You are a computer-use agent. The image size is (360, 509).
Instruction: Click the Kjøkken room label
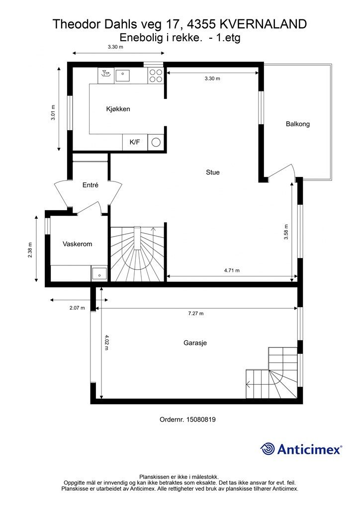118,109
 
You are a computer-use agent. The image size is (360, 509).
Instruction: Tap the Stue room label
213,172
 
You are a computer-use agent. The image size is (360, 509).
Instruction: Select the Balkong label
298,124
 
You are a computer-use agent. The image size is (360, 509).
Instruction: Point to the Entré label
90,185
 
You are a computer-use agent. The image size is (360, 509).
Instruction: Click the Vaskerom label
77,244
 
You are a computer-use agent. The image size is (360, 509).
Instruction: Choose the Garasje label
195,343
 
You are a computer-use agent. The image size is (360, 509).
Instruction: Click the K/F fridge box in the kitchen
135,142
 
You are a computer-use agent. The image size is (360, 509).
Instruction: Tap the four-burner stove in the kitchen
156,76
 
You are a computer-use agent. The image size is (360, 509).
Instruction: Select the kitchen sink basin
122,76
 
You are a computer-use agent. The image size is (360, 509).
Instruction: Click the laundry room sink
99,274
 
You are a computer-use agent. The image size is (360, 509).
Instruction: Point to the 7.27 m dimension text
196,314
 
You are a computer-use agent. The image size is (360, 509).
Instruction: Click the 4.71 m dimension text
232,270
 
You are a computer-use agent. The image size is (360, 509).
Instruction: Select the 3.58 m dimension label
286,232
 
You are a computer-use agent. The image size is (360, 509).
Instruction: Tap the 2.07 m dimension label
77,308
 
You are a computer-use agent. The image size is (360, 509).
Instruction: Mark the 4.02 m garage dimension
107,342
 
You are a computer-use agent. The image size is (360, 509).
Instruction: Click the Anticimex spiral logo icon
268,449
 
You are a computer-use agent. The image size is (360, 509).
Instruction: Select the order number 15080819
187,420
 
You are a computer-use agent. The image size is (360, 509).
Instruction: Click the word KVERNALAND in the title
263,24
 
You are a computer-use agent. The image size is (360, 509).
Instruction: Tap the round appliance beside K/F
156,142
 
